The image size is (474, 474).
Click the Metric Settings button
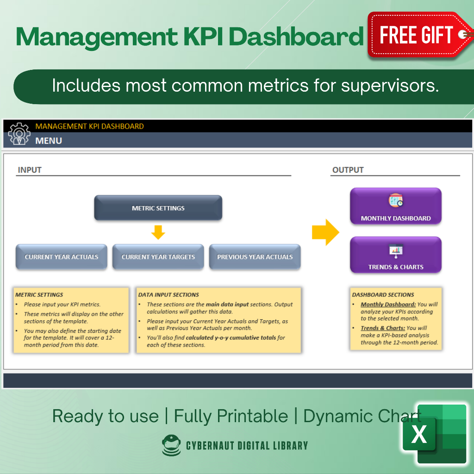click(x=158, y=208)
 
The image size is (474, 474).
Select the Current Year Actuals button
click(x=62, y=257)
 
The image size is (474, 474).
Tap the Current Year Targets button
click(x=158, y=257)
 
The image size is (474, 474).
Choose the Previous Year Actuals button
click(x=255, y=257)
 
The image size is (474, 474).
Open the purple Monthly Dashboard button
click(x=396, y=206)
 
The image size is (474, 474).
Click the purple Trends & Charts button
click(x=396, y=255)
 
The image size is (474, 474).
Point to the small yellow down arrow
click(x=158, y=232)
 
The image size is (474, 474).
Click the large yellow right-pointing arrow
click(x=325, y=232)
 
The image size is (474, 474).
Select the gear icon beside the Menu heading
click(x=19, y=133)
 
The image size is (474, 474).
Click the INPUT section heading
click(x=30, y=170)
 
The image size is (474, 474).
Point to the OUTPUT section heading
click(x=348, y=170)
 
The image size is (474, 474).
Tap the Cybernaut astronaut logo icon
click(x=172, y=445)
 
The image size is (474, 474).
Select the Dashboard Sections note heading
click(x=383, y=294)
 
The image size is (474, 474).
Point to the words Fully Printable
click(x=231, y=416)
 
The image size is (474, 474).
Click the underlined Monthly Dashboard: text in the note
click(x=388, y=305)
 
